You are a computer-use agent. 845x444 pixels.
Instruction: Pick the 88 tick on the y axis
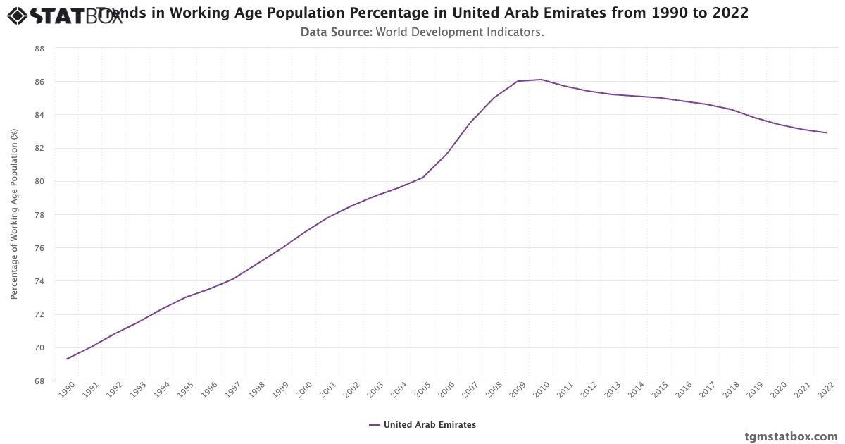coord(39,49)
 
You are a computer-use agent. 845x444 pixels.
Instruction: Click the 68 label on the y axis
coord(39,381)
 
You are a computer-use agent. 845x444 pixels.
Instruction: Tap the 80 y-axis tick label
coord(39,182)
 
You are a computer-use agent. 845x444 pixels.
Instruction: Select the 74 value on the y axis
coord(39,281)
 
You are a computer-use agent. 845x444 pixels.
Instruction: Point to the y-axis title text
coord(14,214)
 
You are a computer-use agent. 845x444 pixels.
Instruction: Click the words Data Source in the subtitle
coord(336,32)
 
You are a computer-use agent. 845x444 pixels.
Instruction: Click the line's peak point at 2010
coord(541,80)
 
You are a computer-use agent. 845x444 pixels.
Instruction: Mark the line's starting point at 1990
coord(67,359)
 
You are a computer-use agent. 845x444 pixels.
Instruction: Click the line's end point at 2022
coord(826,132)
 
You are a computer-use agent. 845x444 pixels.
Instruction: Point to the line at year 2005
coord(423,177)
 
